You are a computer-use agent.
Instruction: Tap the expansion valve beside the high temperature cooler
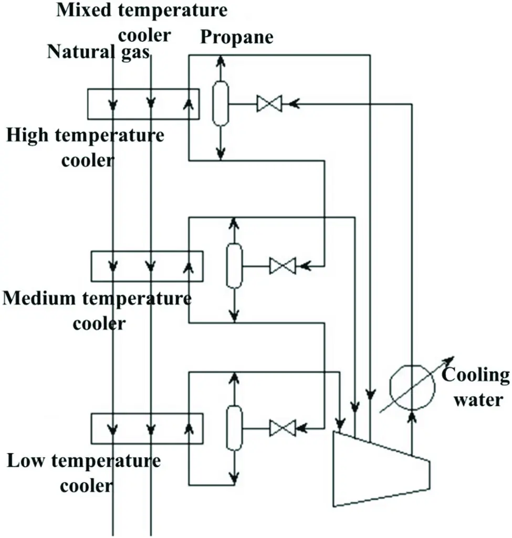tap(269, 104)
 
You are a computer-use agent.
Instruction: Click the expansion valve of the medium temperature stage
tap(283, 266)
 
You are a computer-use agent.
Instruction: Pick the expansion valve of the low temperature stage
tap(283, 428)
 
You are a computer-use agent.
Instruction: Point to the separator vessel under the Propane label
tap(221, 103)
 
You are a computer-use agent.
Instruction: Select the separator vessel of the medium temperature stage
tap(234, 265)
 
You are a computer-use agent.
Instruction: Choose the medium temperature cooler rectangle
tap(147, 266)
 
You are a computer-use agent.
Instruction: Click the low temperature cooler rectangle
tap(147, 428)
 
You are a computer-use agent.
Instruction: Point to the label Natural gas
tap(99, 52)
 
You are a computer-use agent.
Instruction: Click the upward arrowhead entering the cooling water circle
tap(412, 416)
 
